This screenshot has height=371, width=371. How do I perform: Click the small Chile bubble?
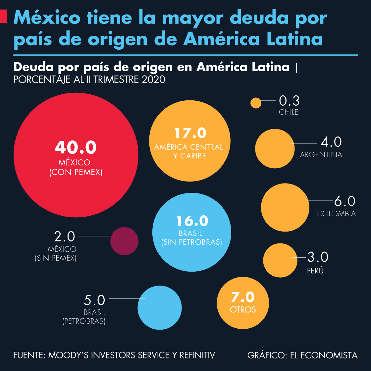(256, 103)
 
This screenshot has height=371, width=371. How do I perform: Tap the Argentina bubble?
(275, 149)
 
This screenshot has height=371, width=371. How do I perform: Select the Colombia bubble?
(285, 207)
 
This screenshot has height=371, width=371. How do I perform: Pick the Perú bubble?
(280, 260)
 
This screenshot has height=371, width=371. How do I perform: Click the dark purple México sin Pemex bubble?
(124, 241)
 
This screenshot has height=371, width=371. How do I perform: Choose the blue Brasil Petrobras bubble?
(160, 308)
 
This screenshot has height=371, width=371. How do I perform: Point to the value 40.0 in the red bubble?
(76, 147)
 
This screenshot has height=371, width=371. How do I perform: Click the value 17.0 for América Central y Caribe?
(190, 133)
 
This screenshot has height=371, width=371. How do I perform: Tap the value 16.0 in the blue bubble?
(192, 221)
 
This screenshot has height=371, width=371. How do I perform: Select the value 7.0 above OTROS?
(243, 297)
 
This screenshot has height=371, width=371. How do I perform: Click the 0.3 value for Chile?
(289, 100)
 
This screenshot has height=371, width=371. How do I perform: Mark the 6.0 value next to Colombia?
(344, 201)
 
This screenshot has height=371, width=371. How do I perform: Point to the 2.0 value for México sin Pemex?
(65, 237)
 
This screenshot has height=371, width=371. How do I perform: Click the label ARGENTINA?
(321, 155)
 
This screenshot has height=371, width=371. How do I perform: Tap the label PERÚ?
(315, 271)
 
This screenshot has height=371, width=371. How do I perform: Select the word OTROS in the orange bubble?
(243, 310)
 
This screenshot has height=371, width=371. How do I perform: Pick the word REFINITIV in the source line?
(197, 355)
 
